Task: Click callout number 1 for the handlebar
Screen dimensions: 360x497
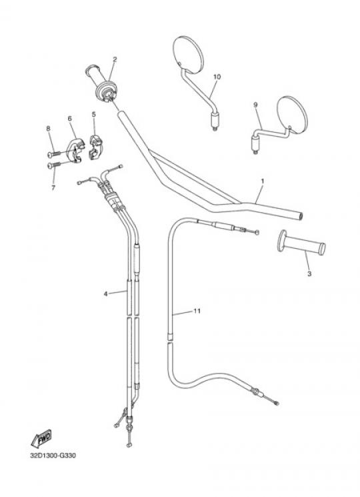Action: point(263,181)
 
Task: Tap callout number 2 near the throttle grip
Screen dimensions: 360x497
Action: point(115,59)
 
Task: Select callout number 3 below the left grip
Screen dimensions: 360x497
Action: point(309,274)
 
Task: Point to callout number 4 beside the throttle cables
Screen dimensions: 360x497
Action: point(105,294)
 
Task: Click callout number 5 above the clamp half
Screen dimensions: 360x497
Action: point(94,114)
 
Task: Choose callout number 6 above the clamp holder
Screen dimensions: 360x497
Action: point(69,118)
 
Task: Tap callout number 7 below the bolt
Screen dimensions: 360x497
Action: point(53,187)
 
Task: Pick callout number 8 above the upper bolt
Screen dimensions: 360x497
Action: point(48,128)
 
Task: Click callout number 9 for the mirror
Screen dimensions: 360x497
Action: point(255,105)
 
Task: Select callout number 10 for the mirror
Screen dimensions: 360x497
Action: point(217,77)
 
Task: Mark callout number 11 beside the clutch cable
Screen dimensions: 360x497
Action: point(197,311)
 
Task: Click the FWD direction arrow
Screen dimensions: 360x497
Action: point(41,439)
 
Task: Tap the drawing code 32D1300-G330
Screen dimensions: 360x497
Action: point(53,456)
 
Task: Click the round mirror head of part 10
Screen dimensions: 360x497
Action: point(188,55)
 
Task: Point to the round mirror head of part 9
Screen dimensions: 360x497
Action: point(292,115)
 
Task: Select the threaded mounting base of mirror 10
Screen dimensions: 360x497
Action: point(215,121)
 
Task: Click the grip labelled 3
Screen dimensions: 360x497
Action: point(301,243)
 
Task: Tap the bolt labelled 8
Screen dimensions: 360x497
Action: point(54,153)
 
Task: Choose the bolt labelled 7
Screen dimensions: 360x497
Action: point(54,165)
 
